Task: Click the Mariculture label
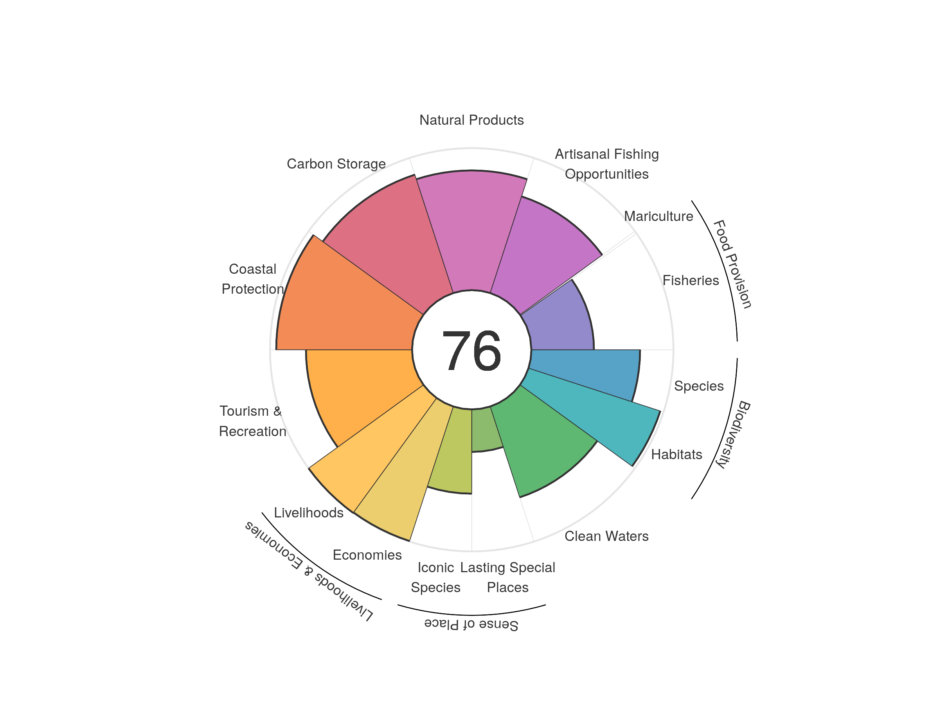(658, 216)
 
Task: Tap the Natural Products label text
(471, 120)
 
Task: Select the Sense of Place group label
(471, 624)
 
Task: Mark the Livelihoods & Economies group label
(309, 571)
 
